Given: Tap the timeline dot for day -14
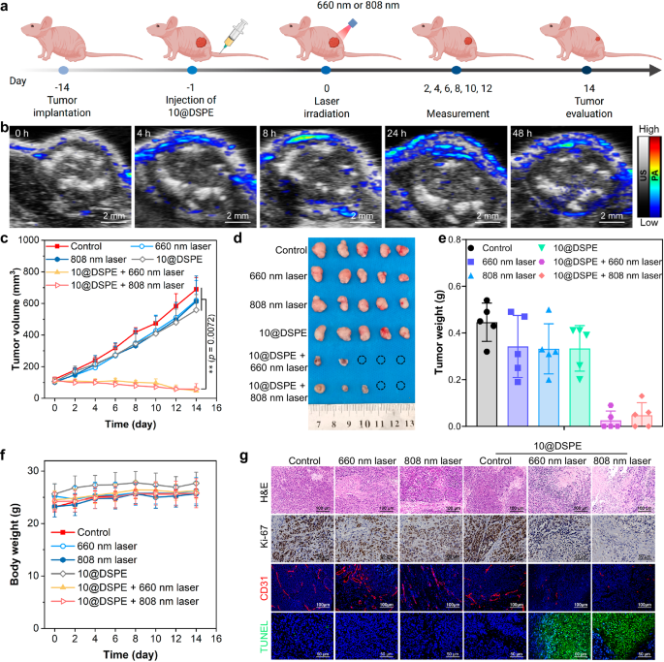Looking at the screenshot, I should coord(63,70).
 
